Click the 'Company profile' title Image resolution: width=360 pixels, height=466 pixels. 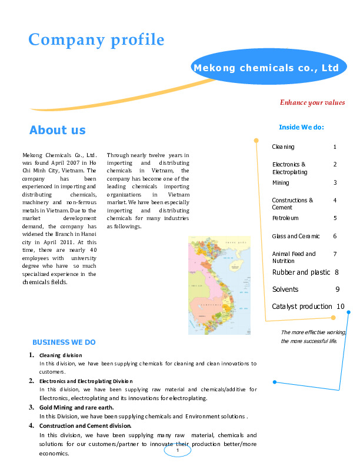pyautogui.click(x=96, y=40)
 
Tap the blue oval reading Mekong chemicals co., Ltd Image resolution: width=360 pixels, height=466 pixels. pyautogui.click(x=266, y=68)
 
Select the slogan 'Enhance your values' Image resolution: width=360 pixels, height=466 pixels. pyautogui.click(x=312, y=102)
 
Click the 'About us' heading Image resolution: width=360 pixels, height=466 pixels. pyautogui.click(x=57, y=130)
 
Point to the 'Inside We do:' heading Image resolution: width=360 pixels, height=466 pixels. pyautogui.click(x=301, y=127)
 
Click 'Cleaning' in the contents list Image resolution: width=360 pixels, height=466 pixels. pyautogui.click(x=283, y=147)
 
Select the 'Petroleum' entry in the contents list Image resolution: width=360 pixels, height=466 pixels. pyautogui.click(x=285, y=218)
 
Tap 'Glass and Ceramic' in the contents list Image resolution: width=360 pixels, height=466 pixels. pyautogui.click(x=296, y=237)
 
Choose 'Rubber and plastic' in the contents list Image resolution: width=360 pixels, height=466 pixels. pyautogui.click(x=301, y=272)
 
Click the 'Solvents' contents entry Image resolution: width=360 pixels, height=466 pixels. pyautogui.click(x=285, y=289)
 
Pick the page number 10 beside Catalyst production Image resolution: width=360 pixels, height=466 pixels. pyautogui.click(x=341, y=307)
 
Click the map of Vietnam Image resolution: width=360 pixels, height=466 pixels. pyautogui.click(x=219, y=285)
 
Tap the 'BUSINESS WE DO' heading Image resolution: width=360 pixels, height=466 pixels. pyautogui.click(x=64, y=342)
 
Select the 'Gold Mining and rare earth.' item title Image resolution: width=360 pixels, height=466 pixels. pyautogui.click(x=76, y=407)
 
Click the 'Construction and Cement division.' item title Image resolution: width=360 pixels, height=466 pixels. pyautogui.click(x=85, y=425)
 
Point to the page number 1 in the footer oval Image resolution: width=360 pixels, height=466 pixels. pyautogui.click(x=177, y=451)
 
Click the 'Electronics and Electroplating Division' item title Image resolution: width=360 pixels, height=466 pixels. pyautogui.click(x=86, y=381)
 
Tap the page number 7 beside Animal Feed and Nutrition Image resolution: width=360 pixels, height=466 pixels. pyautogui.click(x=335, y=254)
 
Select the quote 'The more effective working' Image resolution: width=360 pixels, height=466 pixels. pyautogui.click(x=313, y=332)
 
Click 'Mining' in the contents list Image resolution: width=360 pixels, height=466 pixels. pyautogui.click(x=281, y=183)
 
